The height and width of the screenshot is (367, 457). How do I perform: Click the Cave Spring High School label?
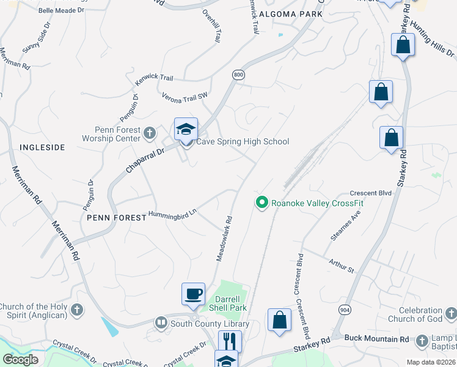(242, 142)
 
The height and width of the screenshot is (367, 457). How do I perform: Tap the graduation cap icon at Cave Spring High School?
(186, 129)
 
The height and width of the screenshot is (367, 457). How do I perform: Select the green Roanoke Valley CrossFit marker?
(262, 201)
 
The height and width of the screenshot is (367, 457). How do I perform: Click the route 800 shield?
(238, 74)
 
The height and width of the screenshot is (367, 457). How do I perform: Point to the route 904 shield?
(344, 310)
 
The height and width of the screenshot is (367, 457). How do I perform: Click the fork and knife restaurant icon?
(230, 341)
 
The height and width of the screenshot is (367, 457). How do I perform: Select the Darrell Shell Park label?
(229, 305)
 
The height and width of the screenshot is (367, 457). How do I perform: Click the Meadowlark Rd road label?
(224, 238)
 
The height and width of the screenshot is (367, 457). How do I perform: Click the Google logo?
(21, 359)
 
